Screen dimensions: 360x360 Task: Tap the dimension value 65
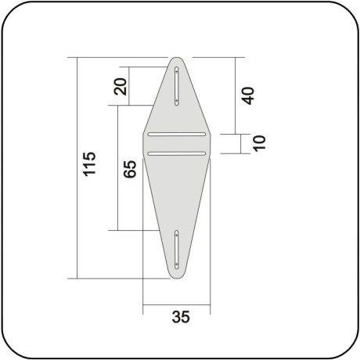130,169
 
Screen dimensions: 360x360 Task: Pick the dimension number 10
260,142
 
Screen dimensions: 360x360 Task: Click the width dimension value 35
180,316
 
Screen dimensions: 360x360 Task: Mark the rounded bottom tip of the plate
178,275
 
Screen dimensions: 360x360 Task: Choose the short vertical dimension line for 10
235,143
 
